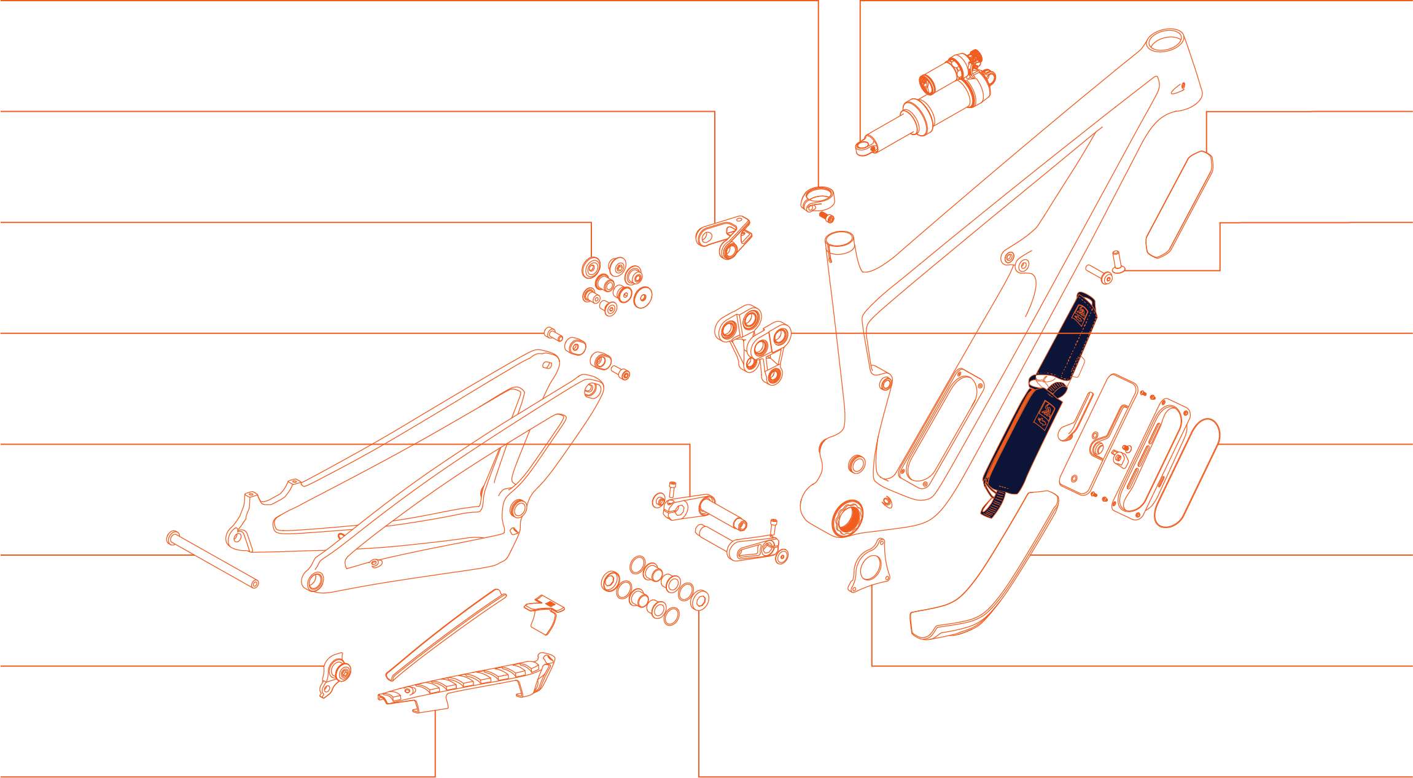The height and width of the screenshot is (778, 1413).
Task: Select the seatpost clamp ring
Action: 817,198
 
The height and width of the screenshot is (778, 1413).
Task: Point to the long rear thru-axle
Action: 212,559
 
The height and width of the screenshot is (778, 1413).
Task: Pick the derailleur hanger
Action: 335,674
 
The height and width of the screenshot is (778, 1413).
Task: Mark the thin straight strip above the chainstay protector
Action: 445,634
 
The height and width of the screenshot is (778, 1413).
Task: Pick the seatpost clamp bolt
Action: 827,217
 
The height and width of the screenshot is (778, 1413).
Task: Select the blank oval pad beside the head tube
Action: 1179,206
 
